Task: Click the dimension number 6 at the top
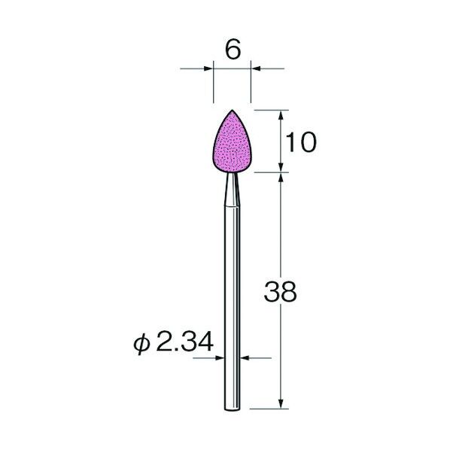(x=233, y=50)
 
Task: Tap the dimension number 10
(x=301, y=142)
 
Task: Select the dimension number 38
(x=280, y=291)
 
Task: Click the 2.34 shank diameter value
(x=185, y=342)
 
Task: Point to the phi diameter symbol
(x=141, y=344)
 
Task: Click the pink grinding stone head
(x=233, y=144)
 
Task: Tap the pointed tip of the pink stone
(x=233, y=110)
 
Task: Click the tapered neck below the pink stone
(x=232, y=189)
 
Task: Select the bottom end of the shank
(x=232, y=409)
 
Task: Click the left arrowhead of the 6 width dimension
(x=208, y=68)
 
